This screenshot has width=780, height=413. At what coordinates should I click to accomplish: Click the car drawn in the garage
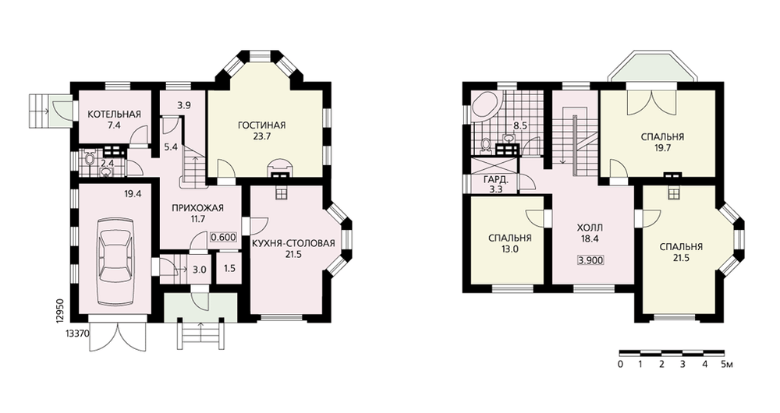(x=115, y=261)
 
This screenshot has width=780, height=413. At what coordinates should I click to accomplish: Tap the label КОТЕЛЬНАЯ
(x=115, y=115)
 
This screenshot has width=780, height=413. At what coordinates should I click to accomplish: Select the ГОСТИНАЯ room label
(x=261, y=125)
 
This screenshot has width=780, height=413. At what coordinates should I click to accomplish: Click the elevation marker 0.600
(x=223, y=238)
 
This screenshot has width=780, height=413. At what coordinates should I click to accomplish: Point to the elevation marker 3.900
(x=591, y=260)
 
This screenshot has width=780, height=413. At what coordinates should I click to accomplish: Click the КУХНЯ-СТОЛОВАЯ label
(x=293, y=243)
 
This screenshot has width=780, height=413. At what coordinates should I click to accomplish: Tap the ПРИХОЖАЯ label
(x=198, y=208)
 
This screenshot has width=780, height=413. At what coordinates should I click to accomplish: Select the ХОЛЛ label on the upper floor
(x=590, y=228)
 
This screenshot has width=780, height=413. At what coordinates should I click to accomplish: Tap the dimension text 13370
(x=77, y=334)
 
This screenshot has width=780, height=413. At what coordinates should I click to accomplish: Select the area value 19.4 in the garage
(x=133, y=194)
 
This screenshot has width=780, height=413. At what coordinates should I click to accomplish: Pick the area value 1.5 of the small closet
(x=229, y=269)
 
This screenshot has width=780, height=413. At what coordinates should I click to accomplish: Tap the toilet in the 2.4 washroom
(x=90, y=159)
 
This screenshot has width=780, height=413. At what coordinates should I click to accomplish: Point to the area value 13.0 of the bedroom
(x=510, y=249)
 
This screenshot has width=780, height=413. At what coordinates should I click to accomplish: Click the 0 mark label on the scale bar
(x=620, y=364)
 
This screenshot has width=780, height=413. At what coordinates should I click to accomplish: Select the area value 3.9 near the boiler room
(x=184, y=105)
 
